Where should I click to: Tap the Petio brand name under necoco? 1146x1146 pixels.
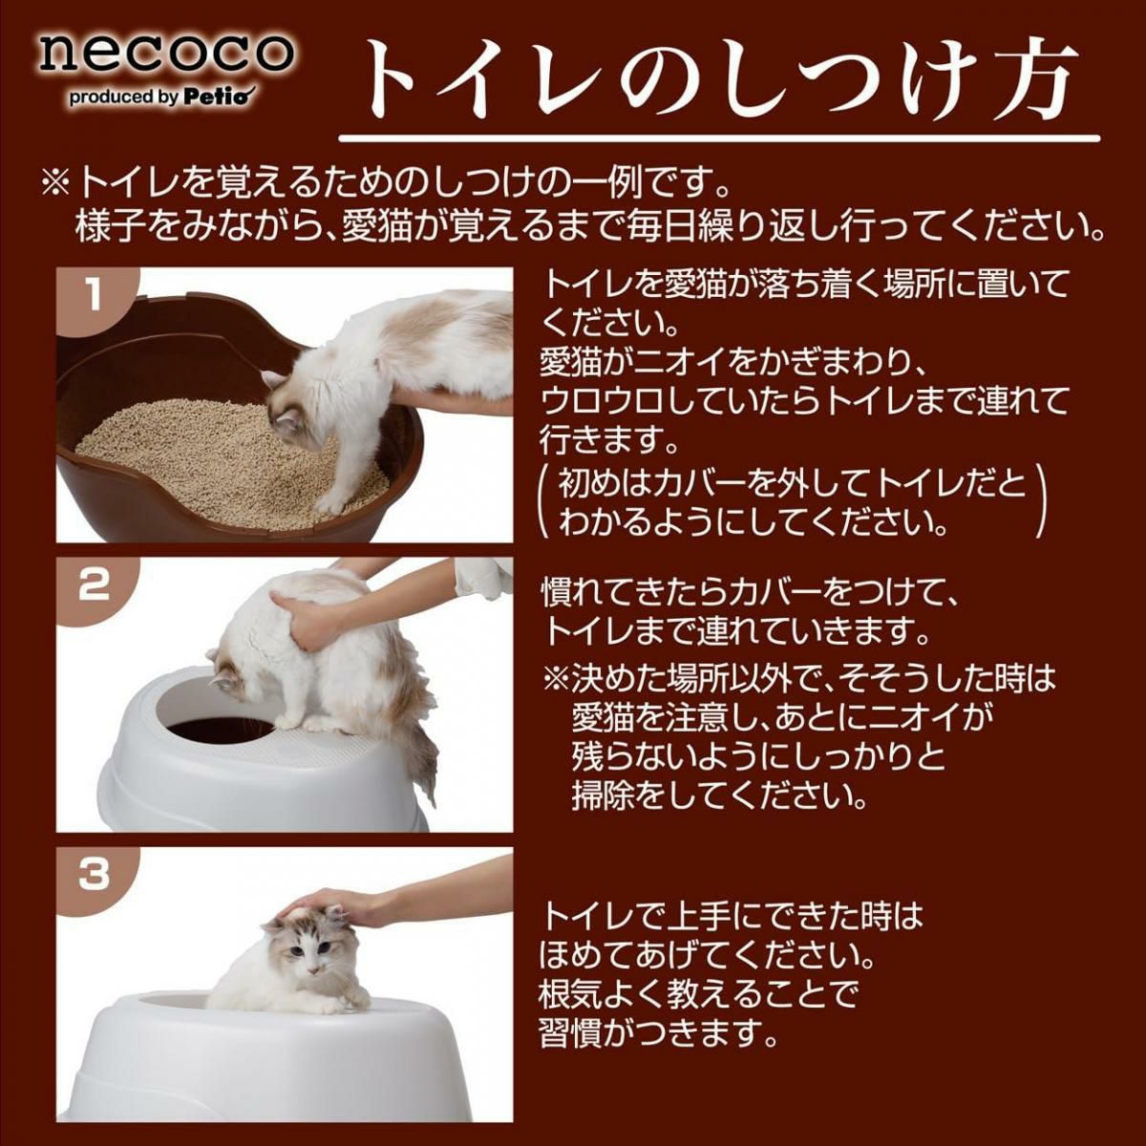[x=220, y=97]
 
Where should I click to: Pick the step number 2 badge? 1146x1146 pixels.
[x=95, y=585]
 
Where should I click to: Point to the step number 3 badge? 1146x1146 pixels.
[x=95, y=875]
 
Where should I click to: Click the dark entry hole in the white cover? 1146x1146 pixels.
[x=220, y=730]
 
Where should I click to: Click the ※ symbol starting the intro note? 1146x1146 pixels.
[x=56, y=188]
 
